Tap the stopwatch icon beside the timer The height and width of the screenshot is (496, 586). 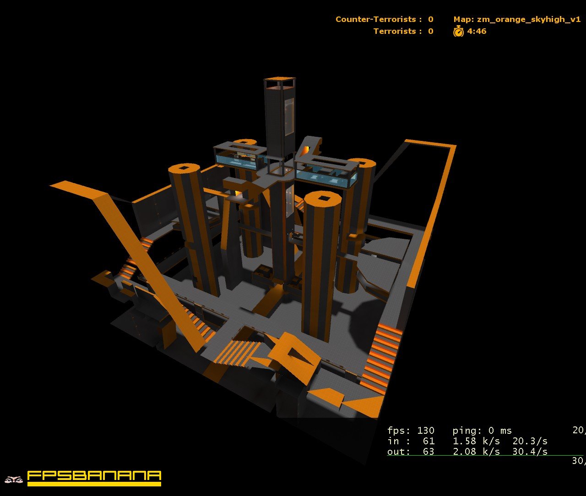458,31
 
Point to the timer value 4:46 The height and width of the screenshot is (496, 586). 477,31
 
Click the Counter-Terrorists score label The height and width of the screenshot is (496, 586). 376,19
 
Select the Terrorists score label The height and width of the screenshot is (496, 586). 395,31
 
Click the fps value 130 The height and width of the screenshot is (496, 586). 426,431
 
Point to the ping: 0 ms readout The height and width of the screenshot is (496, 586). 482,431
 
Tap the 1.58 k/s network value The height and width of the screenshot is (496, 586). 476,441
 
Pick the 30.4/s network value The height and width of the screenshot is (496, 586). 530,452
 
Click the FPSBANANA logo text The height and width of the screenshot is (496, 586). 94,476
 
